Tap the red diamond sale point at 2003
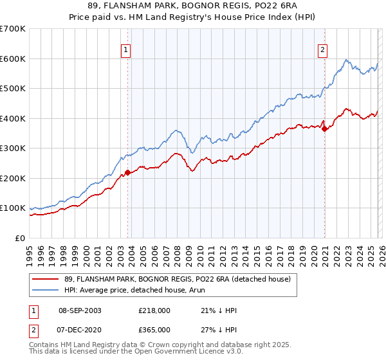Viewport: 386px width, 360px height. pyautogui.click(x=128, y=172)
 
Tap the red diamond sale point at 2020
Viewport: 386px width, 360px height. pyautogui.click(x=325, y=129)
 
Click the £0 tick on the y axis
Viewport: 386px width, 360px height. pyautogui.click(x=21, y=239)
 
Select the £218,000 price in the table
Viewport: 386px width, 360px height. pyautogui.click(x=154, y=310)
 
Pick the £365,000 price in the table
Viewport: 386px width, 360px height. pyautogui.click(x=154, y=330)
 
